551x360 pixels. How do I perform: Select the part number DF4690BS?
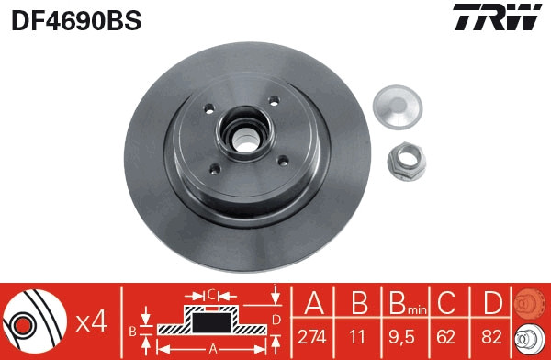click(75, 20)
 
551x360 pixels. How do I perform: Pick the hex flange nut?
click(405, 164)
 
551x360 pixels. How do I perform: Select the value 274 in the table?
click(312, 336)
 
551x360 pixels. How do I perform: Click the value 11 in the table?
click(356, 336)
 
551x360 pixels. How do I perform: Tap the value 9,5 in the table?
click(401, 336)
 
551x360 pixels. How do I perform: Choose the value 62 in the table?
click(446, 336)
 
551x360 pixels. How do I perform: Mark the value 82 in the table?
click(491, 336)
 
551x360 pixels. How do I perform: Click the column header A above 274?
click(312, 304)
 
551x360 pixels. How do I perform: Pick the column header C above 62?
click(446, 304)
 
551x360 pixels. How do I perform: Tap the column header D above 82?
click(491, 304)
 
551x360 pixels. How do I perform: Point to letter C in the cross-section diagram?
click(210, 295)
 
